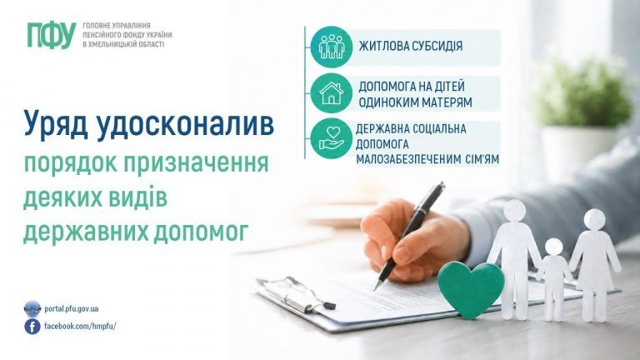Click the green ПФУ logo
pyautogui.click(x=52, y=35)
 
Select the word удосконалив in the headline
pyautogui.click(x=186, y=124)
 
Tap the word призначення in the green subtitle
pyautogui.click(x=196, y=164)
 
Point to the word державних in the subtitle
pyautogui.click(x=85, y=231)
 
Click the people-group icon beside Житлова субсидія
pyautogui.click(x=332, y=46)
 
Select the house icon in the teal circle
pyautogui.click(x=332, y=93)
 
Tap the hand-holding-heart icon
pyautogui.click(x=332, y=138)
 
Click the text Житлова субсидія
pyautogui.click(x=411, y=46)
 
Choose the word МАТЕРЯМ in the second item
pyautogui.click(x=446, y=102)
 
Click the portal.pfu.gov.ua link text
pyautogui.click(x=72, y=309)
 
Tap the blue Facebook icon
pyautogui.click(x=32, y=327)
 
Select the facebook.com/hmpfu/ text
pyautogui.click(x=80, y=326)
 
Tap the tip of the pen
pyautogui.click(x=375, y=289)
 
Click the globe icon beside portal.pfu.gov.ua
pyautogui.click(x=32, y=309)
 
